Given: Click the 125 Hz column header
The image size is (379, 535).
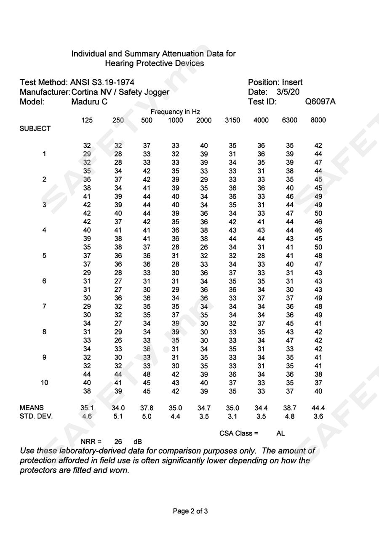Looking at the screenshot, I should pos(87,120).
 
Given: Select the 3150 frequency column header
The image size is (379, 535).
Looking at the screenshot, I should pos(232,120).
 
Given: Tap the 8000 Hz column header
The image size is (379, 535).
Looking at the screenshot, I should pos(318,120).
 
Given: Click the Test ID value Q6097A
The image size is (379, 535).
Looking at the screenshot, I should pos(320,102).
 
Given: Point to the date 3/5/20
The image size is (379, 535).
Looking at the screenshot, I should pos(288,92).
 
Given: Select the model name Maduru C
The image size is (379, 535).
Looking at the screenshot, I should pos(89,102).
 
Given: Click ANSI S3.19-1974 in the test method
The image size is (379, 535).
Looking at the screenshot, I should pos(102,82).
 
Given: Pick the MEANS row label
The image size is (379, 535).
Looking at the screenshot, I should pos(32,408).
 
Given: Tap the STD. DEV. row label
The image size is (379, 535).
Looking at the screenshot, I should pos(36,417).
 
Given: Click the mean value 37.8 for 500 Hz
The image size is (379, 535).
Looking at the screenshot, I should pos(147,408).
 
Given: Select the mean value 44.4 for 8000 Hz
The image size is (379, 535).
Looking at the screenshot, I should pos(318,408).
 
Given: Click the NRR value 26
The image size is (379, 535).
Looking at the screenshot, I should pos(118,441).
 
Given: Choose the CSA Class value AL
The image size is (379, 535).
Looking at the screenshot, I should pos(281,433).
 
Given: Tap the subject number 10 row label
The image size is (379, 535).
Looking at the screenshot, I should pos(44,383).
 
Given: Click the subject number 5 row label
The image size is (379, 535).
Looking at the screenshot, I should pos(44,255).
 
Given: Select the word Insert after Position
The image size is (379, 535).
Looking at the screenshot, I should pos(292,82).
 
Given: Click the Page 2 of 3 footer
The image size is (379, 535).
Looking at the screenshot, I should pos(190,511).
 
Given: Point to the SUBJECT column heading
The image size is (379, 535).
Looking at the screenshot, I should pos(35,129).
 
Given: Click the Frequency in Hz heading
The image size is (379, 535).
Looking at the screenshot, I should pos(175,112).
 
